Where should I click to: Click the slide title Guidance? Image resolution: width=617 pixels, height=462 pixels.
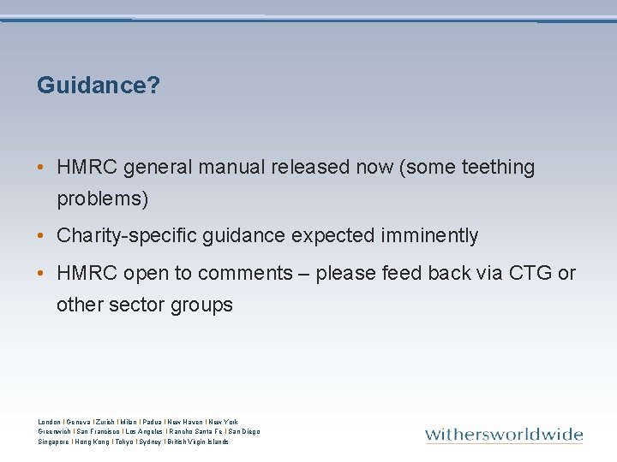[99, 86]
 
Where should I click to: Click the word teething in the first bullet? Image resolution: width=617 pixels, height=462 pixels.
[498, 168]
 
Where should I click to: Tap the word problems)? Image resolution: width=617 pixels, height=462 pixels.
[102, 199]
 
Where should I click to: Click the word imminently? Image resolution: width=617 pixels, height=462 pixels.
[428, 235]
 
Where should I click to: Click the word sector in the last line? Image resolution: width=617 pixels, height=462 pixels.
[135, 305]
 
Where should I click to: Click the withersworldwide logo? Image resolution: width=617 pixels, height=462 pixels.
[504, 435]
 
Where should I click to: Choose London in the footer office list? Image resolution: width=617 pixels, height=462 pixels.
[50, 422]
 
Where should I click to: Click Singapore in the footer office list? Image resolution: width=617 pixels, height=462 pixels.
[54, 441]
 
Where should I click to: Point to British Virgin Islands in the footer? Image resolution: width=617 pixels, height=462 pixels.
[199, 441]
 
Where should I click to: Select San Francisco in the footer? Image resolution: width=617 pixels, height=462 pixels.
[99, 432]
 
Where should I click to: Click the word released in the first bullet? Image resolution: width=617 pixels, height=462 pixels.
[306, 168]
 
